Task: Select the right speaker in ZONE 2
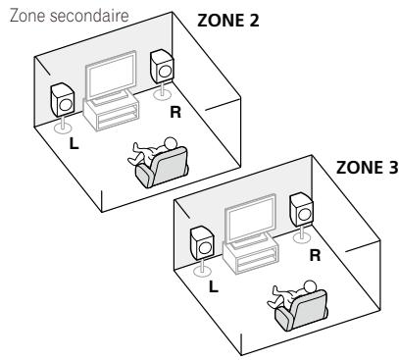[162, 67]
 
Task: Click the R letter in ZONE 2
[175, 112]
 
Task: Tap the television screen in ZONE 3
[254, 225]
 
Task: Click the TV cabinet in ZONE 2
[115, 116]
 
